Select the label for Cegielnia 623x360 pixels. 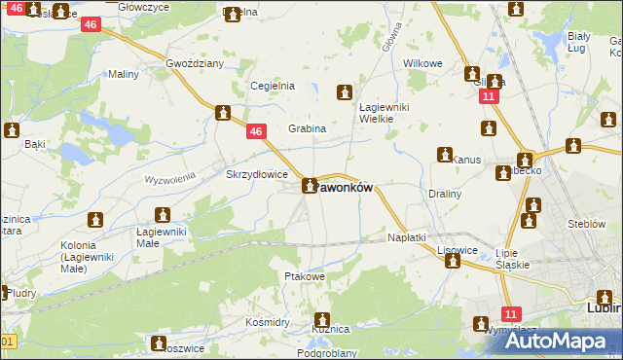(273, 86)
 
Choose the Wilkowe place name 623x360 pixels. (423, 63)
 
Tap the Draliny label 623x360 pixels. (445, 194)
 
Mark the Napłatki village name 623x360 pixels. (407, 237)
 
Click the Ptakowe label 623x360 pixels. (303, 277)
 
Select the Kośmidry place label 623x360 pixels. (269, 321)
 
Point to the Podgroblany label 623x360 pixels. (327, 353)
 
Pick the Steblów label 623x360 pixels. (587, 224)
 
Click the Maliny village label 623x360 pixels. (124, 74)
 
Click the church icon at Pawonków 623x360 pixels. (310, 186)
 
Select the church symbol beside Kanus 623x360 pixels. (445, 156)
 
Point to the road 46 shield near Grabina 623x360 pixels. (256, 132)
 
